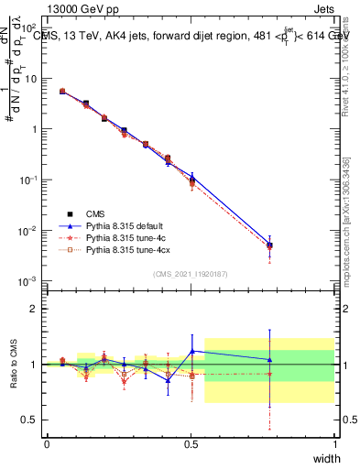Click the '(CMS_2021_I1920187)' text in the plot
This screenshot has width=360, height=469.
pos(190,273)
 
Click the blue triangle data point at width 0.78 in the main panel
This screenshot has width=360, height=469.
pos(269,244)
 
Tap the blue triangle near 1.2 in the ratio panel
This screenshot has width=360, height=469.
pos(192,351)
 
